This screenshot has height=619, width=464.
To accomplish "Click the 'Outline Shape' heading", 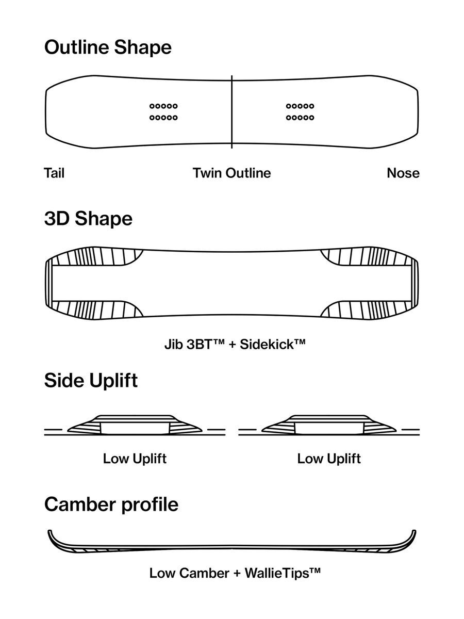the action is tap(108, 47).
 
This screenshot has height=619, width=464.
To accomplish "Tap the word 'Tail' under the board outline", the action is tap(54, 173).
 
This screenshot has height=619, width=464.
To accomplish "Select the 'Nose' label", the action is tap(403, 173).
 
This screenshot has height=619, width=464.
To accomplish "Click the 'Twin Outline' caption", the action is tap(232, 173).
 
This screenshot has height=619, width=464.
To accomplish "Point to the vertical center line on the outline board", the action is tap(232, 112).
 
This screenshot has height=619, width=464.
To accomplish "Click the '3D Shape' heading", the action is tap(88, 219).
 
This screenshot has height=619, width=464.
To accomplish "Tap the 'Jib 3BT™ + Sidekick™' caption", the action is tap(235, 345).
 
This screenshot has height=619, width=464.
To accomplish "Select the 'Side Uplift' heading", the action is tap(91, 380).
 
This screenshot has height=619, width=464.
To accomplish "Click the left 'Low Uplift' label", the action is tap(135, 459).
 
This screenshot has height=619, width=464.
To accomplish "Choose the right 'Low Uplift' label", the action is tap(329, 459).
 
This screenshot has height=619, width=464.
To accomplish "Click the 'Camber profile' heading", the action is tap(111, 504).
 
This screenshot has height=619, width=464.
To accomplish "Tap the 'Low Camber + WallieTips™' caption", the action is tap(235, 573).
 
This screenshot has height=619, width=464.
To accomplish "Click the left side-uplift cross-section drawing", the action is tap(135, 425).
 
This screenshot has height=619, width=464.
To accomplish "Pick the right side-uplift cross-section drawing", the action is tap(329, 425).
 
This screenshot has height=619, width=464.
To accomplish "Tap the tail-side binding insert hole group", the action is tap(163, 112).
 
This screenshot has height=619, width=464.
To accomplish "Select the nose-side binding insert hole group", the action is tap(300, 112).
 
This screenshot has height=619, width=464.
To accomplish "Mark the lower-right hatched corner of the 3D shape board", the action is tap(369, 310).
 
